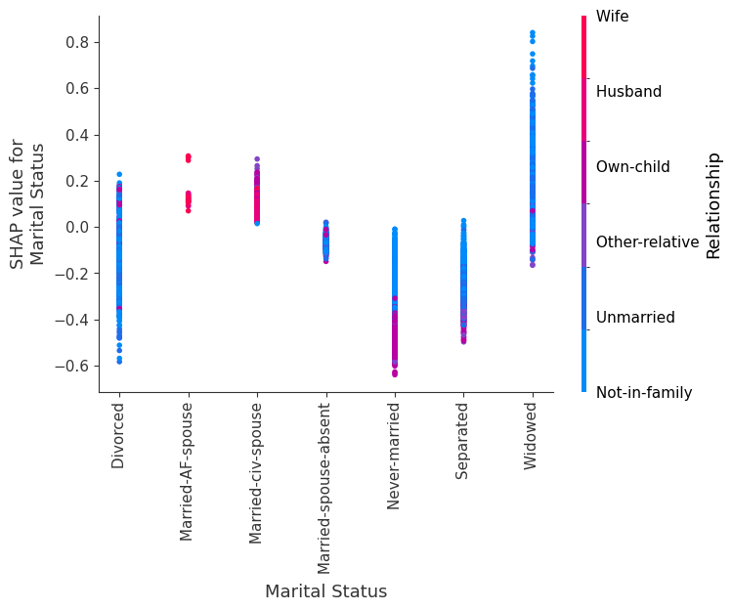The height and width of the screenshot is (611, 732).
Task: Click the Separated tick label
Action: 463,440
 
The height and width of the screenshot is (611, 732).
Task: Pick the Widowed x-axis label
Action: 532,436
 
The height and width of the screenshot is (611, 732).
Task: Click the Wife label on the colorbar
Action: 612,17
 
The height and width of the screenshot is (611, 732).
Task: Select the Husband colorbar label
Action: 628,92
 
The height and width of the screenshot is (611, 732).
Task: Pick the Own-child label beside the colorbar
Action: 632,167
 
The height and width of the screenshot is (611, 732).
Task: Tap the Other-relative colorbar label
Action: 647,242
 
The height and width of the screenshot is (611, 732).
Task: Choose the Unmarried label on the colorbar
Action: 635,318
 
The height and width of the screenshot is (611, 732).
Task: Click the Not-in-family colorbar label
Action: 644,393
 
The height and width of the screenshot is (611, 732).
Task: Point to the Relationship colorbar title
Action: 713,205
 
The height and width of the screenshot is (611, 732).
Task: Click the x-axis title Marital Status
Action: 325,591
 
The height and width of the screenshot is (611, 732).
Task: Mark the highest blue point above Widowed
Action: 532,32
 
